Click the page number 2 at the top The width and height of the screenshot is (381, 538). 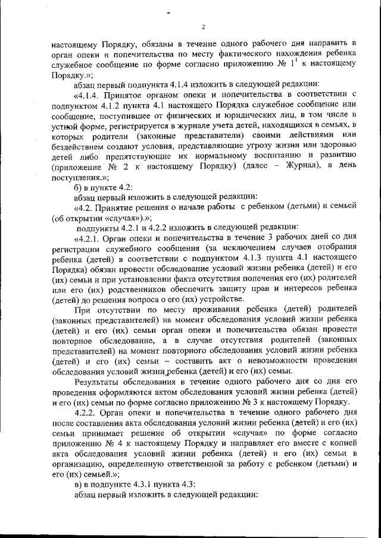203,27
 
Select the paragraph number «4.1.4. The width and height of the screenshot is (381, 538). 89,94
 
